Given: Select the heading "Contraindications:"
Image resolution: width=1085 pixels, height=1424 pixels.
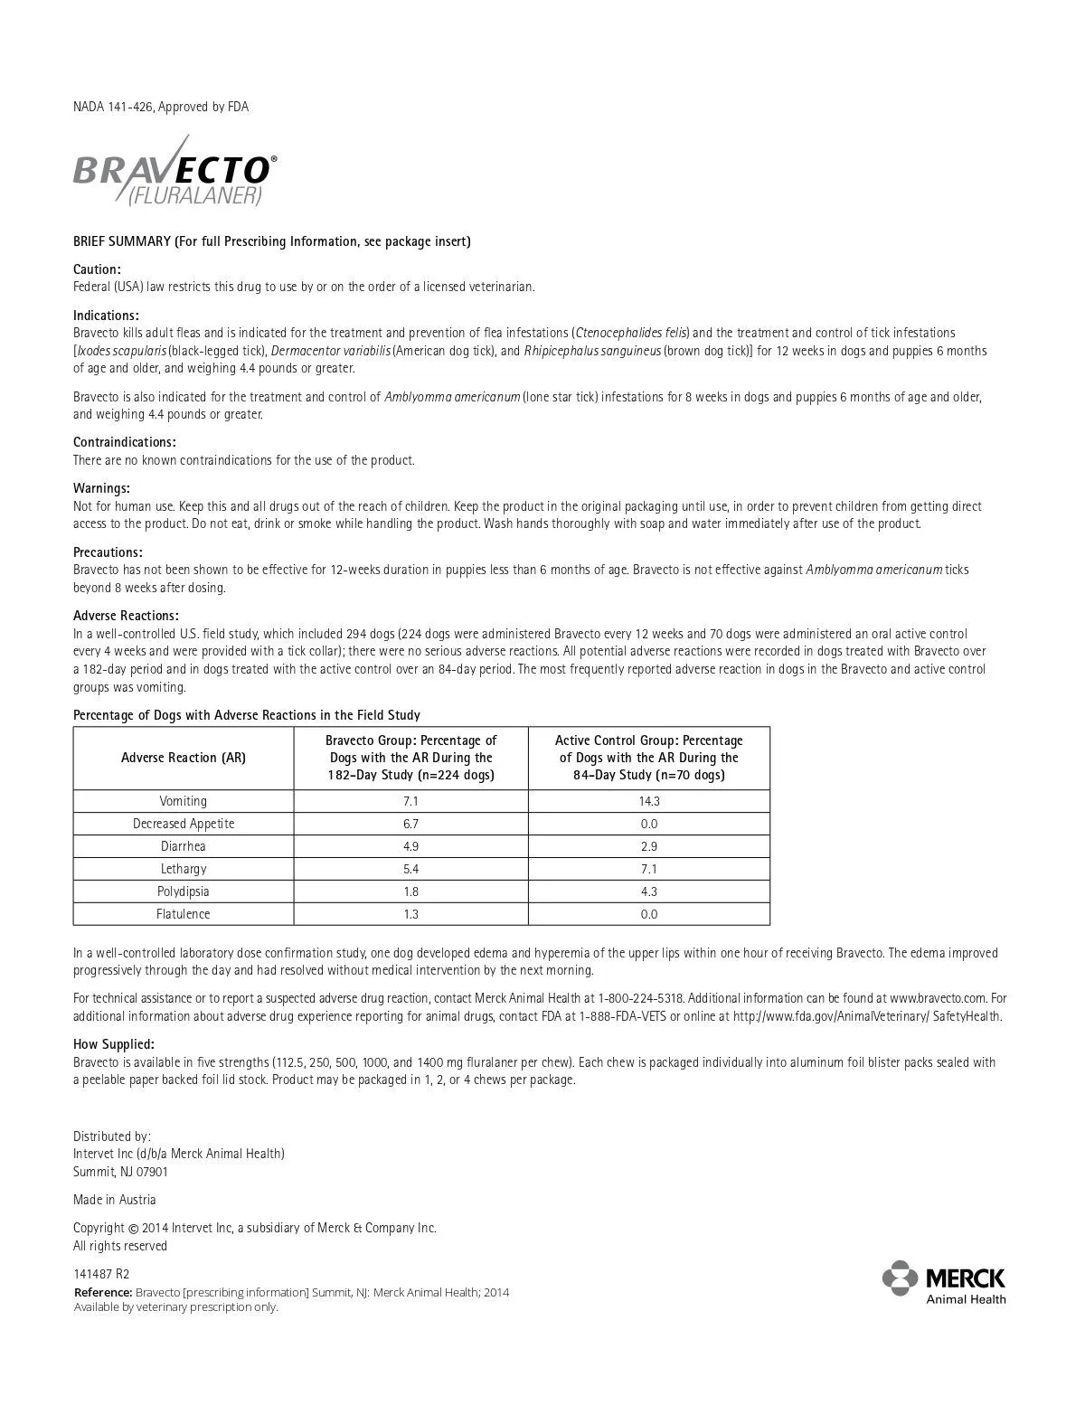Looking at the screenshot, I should pos(125,442).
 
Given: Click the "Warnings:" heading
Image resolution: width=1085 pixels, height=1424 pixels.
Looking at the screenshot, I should pos(101,488).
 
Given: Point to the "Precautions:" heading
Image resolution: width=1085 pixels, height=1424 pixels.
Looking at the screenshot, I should pos(108,552).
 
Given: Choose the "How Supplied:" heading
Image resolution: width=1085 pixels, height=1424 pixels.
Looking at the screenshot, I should pos(114,1044).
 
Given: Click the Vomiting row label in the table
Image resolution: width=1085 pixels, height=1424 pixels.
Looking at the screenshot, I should pos(184,801).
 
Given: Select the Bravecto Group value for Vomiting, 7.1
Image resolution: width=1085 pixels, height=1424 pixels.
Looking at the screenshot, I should pos(410,801).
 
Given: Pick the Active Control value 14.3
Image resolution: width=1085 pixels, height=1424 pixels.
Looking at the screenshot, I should pos(648,801).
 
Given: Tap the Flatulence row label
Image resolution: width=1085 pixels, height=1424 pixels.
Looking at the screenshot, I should pos(184,914).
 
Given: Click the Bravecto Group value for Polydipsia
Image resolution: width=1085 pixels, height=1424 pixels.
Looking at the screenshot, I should pos(410,891).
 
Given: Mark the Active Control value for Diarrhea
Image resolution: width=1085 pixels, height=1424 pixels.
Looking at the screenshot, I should pos(648,846).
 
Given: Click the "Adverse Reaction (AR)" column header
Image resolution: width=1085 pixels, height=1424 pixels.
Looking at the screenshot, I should pos(184,758).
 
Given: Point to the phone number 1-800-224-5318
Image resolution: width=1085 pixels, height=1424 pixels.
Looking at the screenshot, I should pos(641,998).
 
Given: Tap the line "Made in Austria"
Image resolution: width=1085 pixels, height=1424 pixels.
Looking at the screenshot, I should pos(115,1200).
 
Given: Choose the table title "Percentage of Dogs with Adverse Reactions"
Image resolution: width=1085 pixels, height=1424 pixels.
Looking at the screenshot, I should pos(247,715).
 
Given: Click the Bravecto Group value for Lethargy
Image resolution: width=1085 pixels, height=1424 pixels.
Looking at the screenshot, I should pos(410,869).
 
